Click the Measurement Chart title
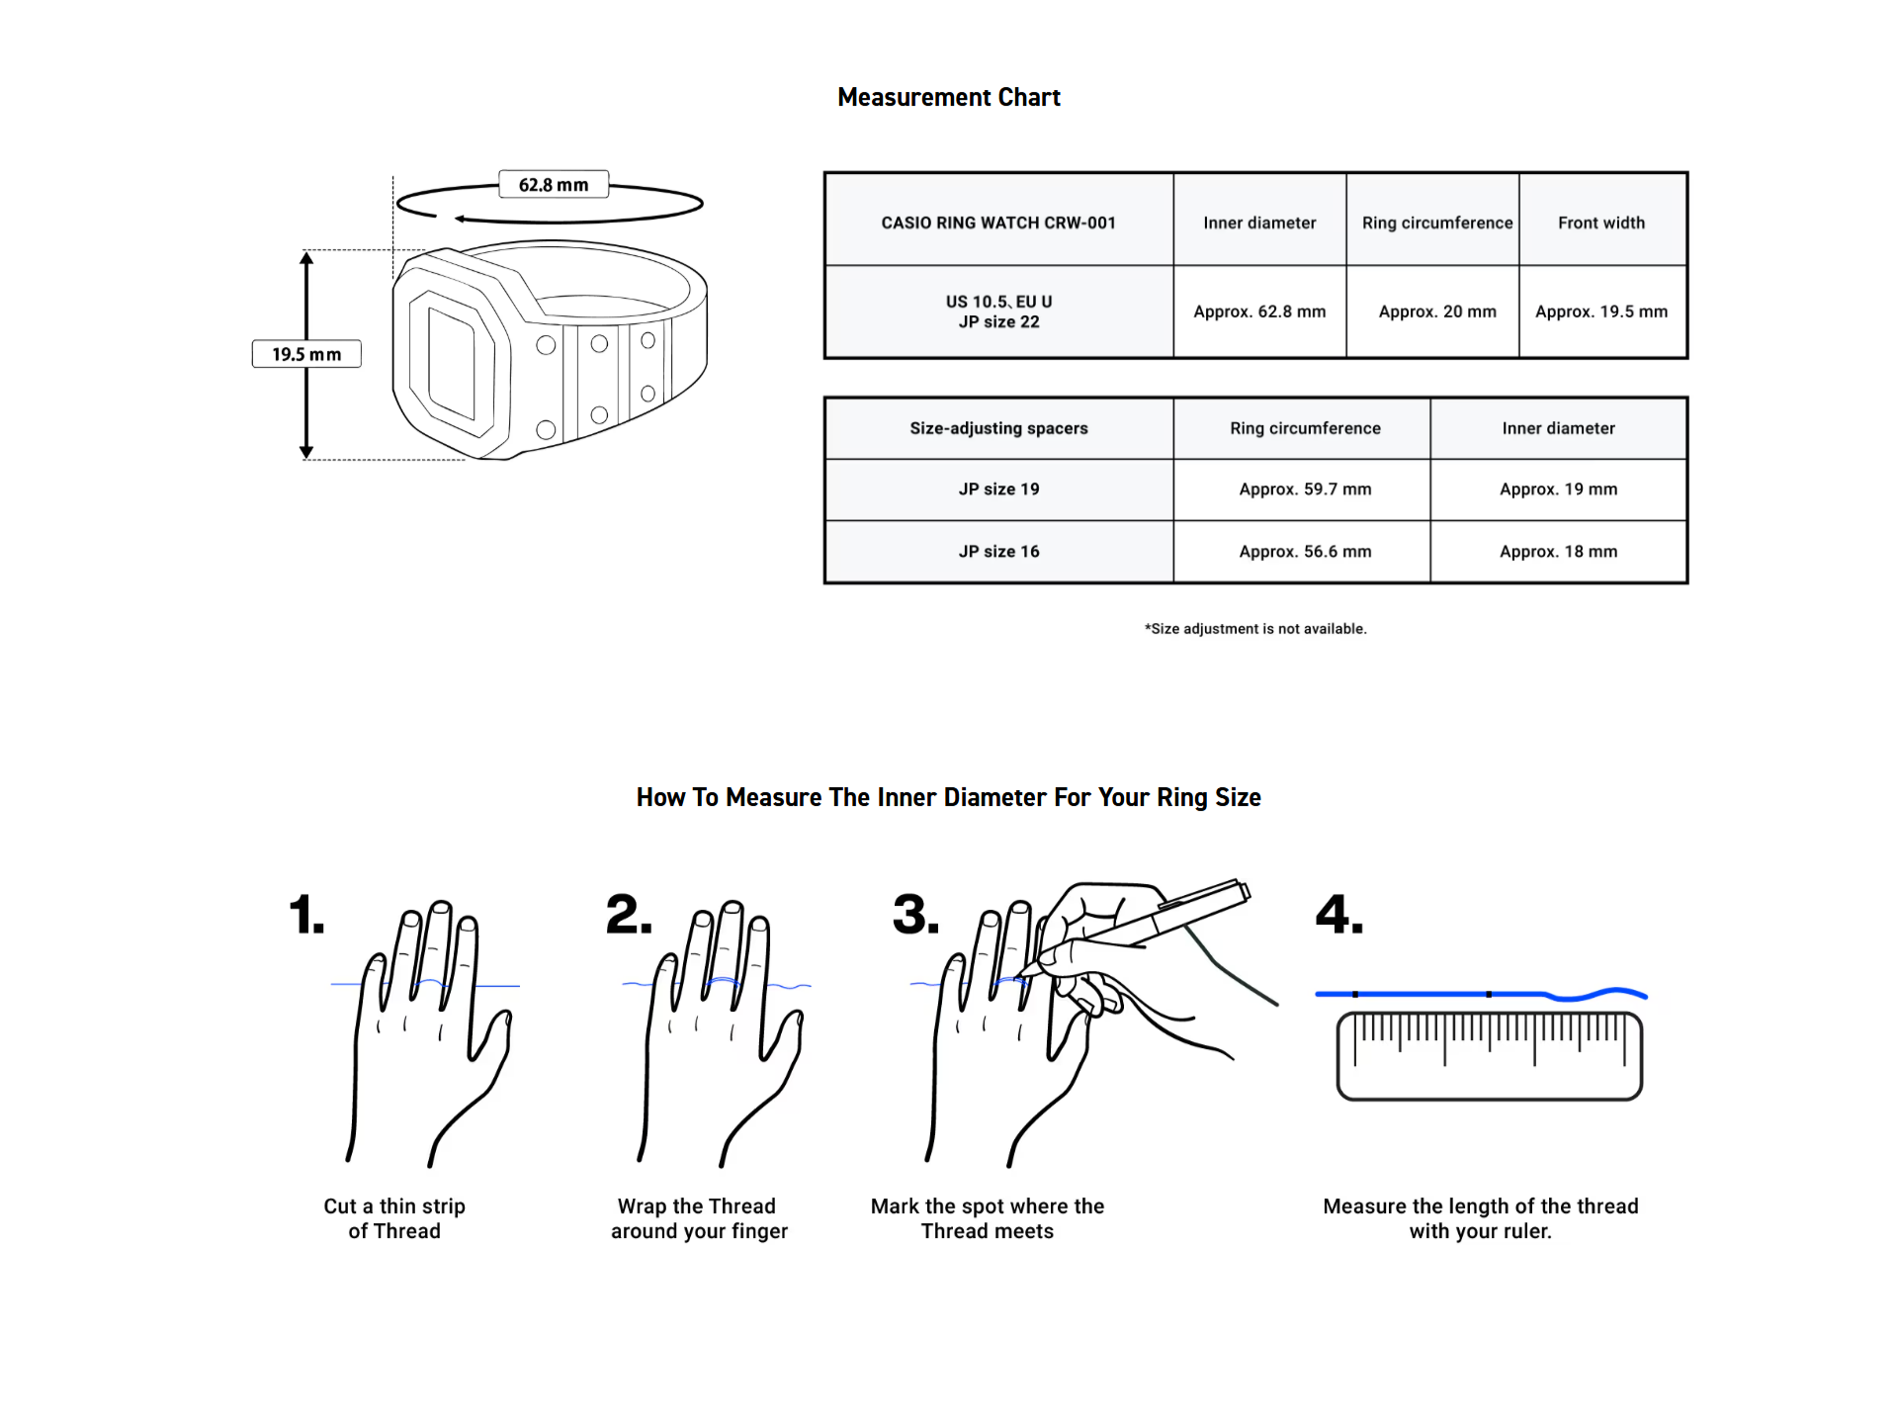[x=948, y=97]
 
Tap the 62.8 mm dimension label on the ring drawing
[x=553, y=185]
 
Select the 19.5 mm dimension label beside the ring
[x=306, y=354]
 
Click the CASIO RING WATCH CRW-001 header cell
[x=998, y=222]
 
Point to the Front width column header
[x=1601, y=222]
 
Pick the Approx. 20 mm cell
[x=1437, y=311]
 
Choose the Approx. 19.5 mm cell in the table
[x=1601, y=311]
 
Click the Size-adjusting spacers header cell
[x=998, y=428]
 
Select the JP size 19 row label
[x=998, y=489]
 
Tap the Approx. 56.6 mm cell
[x=1305, y=552]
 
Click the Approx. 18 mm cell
[x=1558, y=552]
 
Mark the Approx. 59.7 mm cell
[x=1305, y=489]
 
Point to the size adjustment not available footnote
[x=1255, y=629]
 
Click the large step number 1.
[x=305, y=915]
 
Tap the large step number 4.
[x=1338, y=915]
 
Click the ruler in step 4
[x=1489, y=1056]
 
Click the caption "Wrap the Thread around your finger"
[x=699, y=1218]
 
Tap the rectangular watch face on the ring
[x=452, y=364]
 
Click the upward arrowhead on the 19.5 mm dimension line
[x=306, y=259]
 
